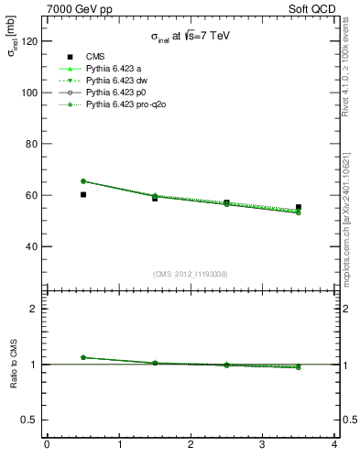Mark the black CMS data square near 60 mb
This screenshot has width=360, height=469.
click(83, 194)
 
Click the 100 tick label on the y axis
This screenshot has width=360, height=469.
click(30, 93)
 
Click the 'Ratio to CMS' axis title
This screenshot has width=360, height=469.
click(14, 364)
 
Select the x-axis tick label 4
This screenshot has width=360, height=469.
click(334, 445)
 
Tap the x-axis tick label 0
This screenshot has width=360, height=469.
click(47, 445)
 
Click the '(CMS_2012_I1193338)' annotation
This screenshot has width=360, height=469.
click(191, 273)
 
